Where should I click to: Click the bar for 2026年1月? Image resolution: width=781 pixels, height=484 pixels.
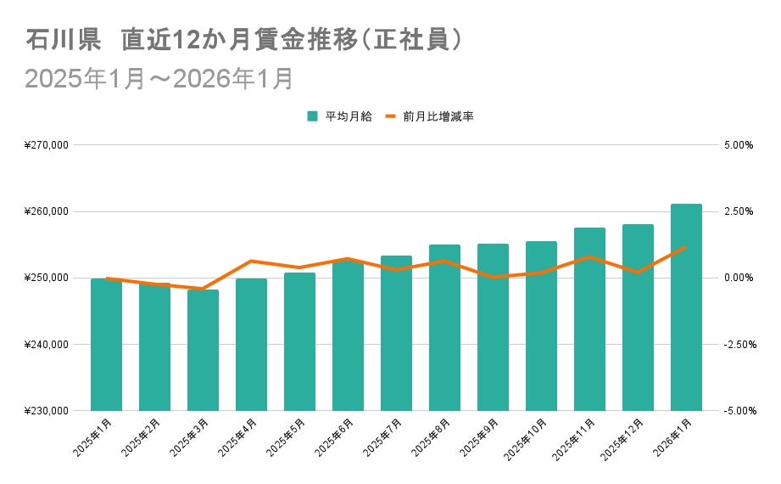[x=686, y=307]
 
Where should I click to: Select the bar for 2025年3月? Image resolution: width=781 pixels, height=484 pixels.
[x=203, y=350]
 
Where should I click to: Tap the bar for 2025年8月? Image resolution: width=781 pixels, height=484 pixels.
[x=444, y=328]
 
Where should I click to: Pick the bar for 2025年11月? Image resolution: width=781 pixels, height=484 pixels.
[x=589, y=319]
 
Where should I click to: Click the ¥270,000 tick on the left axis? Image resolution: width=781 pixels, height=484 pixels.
[x=48, y=145]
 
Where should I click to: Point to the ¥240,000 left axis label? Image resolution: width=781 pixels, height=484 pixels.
[x=48, y=345]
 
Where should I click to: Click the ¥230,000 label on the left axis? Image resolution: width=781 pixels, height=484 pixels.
[x=48, y=411]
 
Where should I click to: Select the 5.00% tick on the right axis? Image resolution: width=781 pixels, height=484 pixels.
[x=738, y=145]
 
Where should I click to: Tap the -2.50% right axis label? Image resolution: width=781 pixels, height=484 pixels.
[x=737, y=345]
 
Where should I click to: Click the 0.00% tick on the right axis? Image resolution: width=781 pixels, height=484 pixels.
[x=738, y=278]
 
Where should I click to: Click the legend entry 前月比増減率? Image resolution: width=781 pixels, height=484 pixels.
[x=438, y=116]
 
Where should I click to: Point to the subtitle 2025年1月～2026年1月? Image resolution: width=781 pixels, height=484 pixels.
[x=159, y=78]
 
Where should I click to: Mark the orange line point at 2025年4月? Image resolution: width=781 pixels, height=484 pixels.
[x=251, y=261]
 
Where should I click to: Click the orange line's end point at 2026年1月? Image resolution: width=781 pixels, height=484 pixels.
[x=686, y=247]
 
